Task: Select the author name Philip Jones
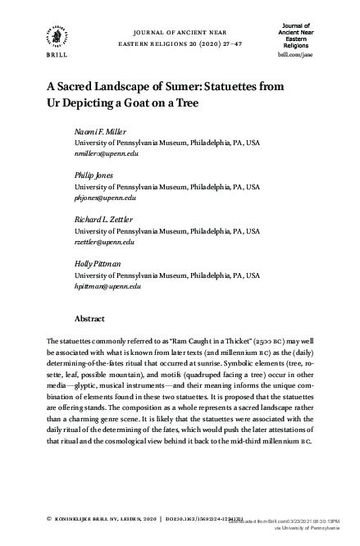point(93,176)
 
